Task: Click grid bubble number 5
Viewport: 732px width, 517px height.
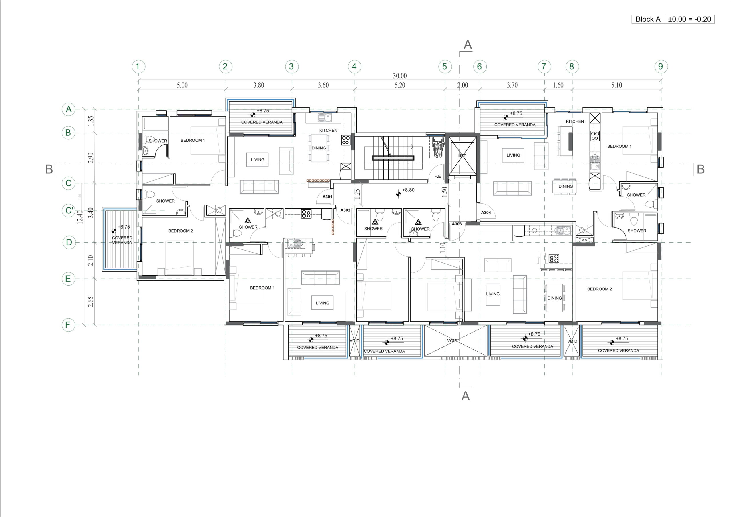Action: click(445, 67)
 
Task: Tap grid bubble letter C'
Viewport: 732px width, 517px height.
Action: click(69, 211)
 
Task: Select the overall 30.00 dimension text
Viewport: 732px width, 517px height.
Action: click(400, 76)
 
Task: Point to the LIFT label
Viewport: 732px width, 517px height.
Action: click(462, 156)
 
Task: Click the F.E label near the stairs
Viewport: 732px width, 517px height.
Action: click(437, 176)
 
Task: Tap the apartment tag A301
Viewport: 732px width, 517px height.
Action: click(327, 197)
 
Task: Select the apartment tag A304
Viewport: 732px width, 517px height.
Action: click(486, 213)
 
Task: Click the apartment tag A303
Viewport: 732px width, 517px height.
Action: click(457, 224)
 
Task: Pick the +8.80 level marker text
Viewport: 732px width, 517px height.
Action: click(408, 190)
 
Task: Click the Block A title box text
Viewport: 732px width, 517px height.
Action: click(648, 19)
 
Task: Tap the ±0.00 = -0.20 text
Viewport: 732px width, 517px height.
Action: click(689, 19)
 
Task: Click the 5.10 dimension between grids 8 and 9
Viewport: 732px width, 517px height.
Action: click(616, 85)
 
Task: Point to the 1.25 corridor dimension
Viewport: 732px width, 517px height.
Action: click(357, 194)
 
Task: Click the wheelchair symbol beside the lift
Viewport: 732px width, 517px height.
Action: click(438, 147)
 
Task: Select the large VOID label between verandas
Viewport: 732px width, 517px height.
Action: click(452, 341)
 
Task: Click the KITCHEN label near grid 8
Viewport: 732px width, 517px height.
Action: click(575, 121)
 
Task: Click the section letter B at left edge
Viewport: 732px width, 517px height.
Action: click(49, 169)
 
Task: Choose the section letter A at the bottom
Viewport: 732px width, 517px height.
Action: click(466, 396)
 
